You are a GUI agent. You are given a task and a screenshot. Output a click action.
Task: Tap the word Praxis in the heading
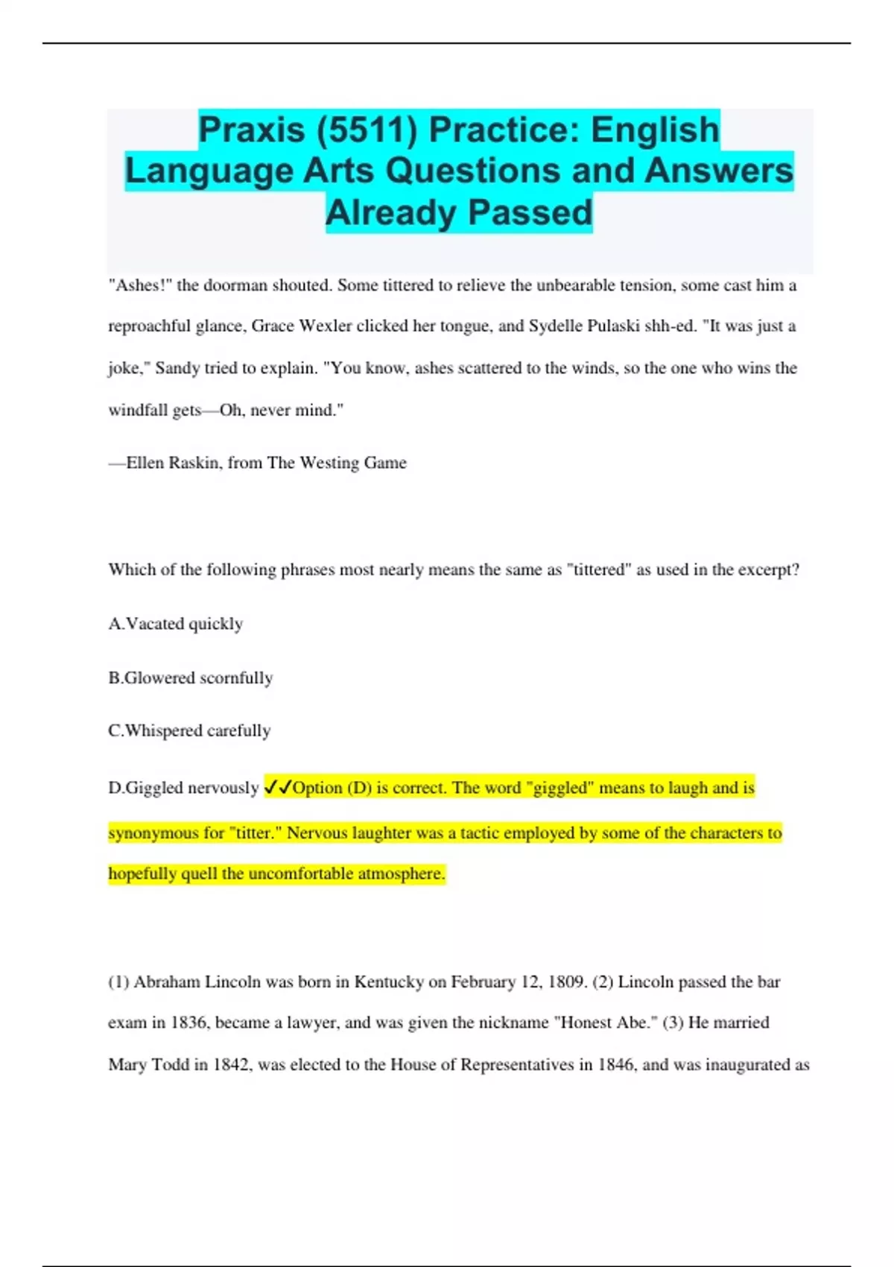pos(252,130)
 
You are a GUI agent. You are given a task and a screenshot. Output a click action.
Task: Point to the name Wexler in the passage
pos(326,326)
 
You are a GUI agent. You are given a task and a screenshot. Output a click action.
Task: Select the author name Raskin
pos(194,463)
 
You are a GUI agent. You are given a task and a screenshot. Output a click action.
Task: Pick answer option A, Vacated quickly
pos(176,624)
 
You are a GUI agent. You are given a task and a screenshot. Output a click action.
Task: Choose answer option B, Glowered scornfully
pos(191,678)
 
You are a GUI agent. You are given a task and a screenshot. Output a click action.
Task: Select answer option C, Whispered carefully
pos(189,731)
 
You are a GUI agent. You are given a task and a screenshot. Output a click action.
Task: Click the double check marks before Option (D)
pos(278,788)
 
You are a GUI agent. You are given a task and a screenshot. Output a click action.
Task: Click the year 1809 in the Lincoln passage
pos(566,982)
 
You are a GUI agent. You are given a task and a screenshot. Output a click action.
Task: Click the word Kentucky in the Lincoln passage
pos(389,982)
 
